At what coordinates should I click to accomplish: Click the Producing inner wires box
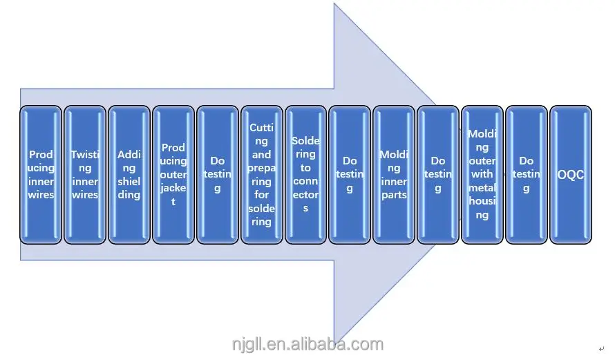point(41,174)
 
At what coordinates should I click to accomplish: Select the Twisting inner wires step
point(85,174)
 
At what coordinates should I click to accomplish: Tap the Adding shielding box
point(129,174)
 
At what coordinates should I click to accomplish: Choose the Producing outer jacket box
point(173,174)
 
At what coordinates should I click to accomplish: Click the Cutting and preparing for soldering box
point(261,174)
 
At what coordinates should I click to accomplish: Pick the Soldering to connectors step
point(305,174)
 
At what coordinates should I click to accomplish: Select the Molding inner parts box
point(394,174)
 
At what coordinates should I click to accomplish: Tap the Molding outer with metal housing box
point(482,174)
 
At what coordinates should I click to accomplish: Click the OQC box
point(571,174)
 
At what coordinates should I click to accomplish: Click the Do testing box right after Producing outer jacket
point(218,174)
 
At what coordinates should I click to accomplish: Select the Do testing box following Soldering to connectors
point(350,174)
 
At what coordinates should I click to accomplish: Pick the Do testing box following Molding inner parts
point(438,174)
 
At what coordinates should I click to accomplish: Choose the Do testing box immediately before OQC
point(527,174)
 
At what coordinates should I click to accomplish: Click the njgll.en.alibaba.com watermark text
point(307,344)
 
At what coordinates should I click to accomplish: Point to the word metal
point(482,188)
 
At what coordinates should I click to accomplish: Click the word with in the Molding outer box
point(482,174)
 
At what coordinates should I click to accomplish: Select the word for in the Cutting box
point(261,195)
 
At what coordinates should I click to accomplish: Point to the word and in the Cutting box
point(261,154)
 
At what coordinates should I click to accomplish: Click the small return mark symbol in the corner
point(601,350)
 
